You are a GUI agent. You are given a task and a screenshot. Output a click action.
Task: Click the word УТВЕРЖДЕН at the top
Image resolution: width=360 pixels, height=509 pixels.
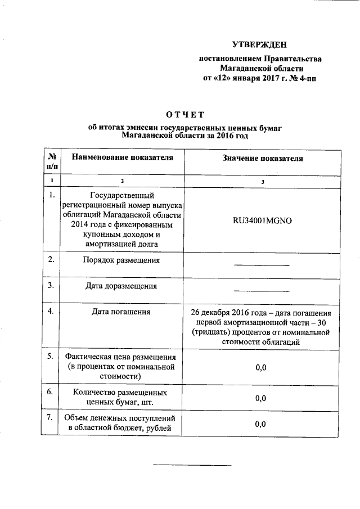[260, 45]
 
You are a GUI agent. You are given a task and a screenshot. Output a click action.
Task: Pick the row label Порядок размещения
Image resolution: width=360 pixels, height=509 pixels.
[121, 260]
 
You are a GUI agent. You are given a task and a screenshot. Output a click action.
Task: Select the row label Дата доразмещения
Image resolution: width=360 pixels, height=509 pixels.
[121, 286]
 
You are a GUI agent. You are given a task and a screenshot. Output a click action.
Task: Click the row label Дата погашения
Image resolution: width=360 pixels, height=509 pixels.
[121, 312]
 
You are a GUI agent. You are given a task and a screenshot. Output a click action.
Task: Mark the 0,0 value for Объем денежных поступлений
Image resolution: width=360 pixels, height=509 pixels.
[260, 424]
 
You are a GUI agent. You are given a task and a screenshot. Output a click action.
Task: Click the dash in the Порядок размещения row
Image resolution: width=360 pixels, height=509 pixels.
[261, 265]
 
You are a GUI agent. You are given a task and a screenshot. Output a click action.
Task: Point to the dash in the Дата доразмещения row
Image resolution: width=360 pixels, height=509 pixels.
[261, 291]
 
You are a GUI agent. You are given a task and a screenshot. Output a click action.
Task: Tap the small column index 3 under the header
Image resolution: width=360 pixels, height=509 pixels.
[261, 181]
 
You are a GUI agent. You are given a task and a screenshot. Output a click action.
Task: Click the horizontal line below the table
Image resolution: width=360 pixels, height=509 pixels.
[192, 465]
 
